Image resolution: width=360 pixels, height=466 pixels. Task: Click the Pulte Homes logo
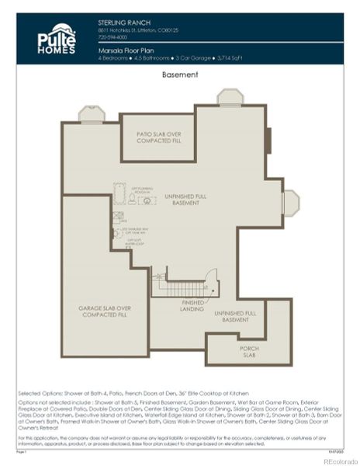click(57, 39)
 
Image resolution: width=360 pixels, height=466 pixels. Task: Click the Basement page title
click(180, 75)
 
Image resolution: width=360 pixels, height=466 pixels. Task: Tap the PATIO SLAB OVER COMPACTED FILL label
click(158, 137)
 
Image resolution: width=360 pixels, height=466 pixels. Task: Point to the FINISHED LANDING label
click(193, 304)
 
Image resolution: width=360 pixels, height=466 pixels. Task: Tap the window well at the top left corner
click(92, 114)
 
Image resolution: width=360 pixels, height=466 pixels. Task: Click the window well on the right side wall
click(290, 202)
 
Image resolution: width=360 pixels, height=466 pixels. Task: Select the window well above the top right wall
click(230, 96)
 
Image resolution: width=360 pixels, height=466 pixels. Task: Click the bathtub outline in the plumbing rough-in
click(119, 192)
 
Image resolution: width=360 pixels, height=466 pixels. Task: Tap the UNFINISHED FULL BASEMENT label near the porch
click(231, 316)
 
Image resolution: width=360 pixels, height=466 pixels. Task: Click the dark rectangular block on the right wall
click(268, 141)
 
